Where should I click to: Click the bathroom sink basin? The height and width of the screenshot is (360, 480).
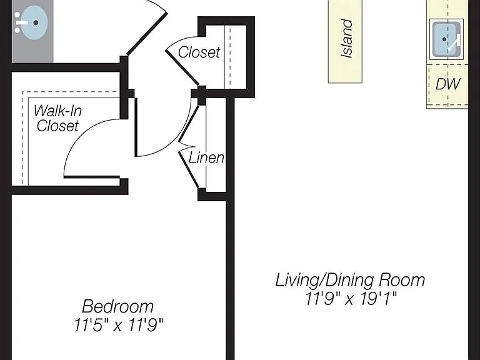(x=35, y=22)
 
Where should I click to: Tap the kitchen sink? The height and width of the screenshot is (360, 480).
(x=446, y=39)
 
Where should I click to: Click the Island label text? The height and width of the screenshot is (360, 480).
(x=347, y=38)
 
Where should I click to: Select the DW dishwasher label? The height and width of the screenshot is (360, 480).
(x=448, y=84)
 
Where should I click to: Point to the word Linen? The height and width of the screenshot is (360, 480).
(x=206, y=157)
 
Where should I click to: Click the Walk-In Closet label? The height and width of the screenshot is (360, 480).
(x=57, y=118)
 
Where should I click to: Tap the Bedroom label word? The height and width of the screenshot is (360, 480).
(x=118, y=306)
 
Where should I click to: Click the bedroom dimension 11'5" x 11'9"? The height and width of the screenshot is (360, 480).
(x=119, y=325)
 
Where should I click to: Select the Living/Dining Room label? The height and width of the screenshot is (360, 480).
(x=350, y=280)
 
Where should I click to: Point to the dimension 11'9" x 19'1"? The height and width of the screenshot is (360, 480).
(x=351, y=299)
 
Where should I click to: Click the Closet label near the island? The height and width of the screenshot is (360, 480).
(x=199, y=52)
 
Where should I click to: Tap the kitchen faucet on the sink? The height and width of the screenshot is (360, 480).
(x=454, y=44)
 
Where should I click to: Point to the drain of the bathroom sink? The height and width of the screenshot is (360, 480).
(x=36, y=22)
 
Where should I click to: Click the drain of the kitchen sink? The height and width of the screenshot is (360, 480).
(x=444, y=39)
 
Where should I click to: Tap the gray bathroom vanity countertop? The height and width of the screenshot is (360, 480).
(x=32, y=31)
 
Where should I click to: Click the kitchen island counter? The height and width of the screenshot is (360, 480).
(x=345, y=41)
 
